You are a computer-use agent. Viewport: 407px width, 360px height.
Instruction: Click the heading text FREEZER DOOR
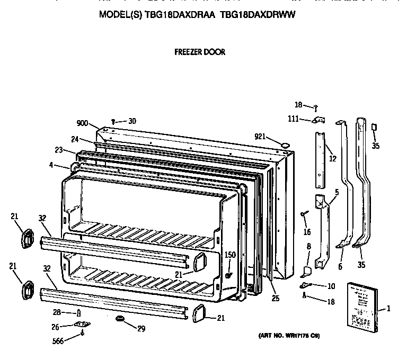click(200, 52)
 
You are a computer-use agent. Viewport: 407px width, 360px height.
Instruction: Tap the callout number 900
click(82, 123)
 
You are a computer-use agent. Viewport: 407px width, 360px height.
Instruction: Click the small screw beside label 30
click(114, 122)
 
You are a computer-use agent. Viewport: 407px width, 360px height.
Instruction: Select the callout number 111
click(293, 119)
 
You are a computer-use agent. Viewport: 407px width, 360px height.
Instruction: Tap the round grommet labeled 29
click(119, 319)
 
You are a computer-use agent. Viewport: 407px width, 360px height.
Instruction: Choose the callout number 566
click(59, 341)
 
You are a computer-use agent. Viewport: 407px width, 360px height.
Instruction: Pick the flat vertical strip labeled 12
click(320, 159)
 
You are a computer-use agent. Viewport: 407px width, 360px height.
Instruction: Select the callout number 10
click(331, 286)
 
